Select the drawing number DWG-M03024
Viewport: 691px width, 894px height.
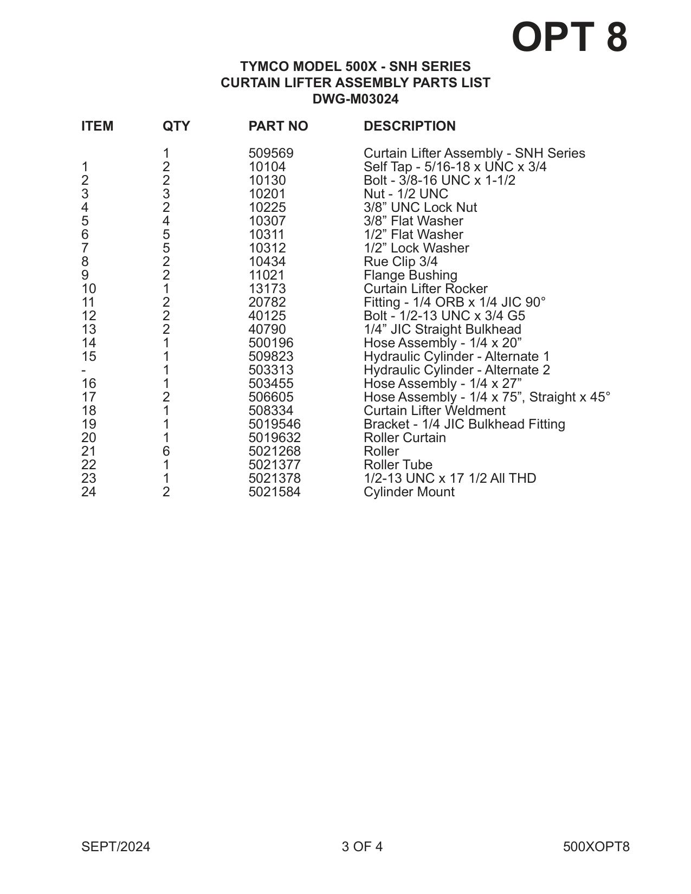point(356,99)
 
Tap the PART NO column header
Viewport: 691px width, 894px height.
point(278,126)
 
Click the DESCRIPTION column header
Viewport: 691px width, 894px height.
point(409,126)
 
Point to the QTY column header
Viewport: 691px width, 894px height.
point(176,126)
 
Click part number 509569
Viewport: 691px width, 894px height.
point(270,153)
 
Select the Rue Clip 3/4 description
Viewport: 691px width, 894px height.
point(401,262)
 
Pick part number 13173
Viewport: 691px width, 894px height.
point(267,289)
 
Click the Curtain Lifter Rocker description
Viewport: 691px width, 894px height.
point(425,289)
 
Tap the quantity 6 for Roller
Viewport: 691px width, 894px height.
point(166,451)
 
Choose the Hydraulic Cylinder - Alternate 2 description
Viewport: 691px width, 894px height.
point(456,370)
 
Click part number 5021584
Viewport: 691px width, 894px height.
point(274,492)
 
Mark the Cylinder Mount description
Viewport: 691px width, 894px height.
point(409,492)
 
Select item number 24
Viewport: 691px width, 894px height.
point(88,492)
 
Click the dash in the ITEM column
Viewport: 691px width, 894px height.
point(83,371)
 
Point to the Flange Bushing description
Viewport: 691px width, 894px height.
point(410,275)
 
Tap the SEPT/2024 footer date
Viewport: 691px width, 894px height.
point(115,847)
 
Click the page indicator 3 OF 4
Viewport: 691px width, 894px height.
point(361,847)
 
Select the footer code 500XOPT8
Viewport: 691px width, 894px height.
point(596,847)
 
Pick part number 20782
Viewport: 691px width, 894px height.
point(267,302)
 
